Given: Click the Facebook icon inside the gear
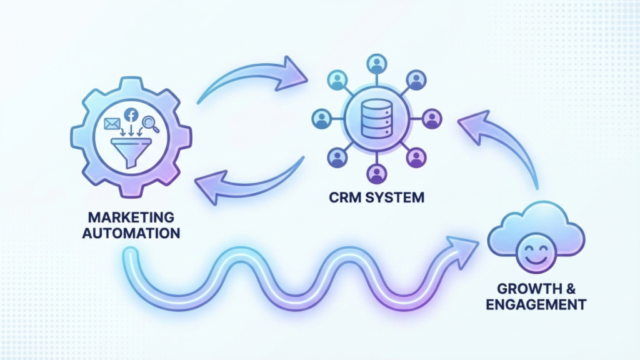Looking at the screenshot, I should [131, 115].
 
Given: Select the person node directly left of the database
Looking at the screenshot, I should [322, 119].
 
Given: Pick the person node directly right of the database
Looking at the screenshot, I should [431, 118].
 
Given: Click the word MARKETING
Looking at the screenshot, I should [131, 218].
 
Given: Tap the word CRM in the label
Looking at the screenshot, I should [342, 198].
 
